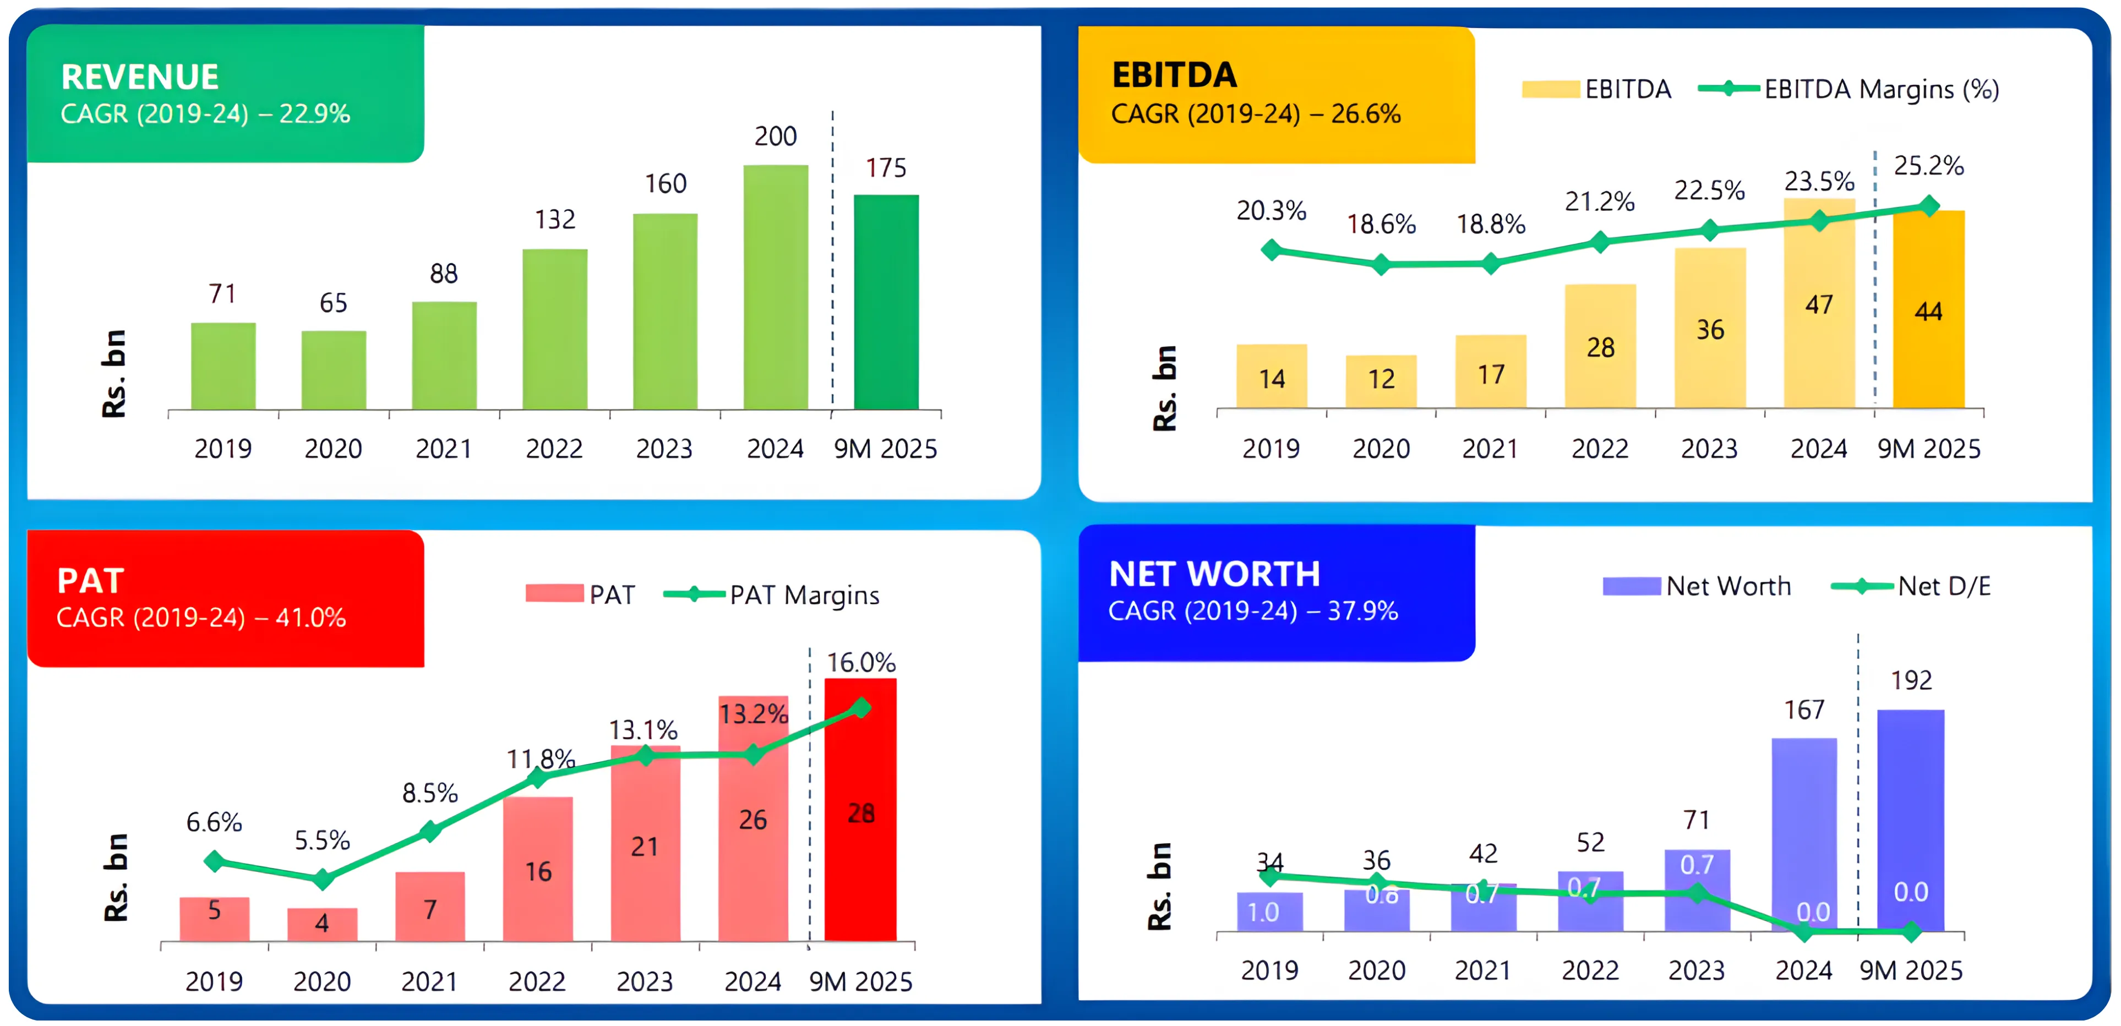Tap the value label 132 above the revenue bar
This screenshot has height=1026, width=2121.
click(x=555, y=219)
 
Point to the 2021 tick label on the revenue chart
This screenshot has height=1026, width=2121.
click(x=443, y=449)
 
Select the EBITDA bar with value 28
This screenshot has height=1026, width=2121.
click(x=1600, y=346)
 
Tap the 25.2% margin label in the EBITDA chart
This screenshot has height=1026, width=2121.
click(x=1928, y=166)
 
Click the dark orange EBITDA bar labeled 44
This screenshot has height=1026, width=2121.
click(x=1928, y=309)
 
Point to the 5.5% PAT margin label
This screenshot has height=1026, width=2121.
click(x=322, y=840)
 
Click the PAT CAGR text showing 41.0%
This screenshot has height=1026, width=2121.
click(x=201, y=618)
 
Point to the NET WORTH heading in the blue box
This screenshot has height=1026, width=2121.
click(x=1214, y=574)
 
